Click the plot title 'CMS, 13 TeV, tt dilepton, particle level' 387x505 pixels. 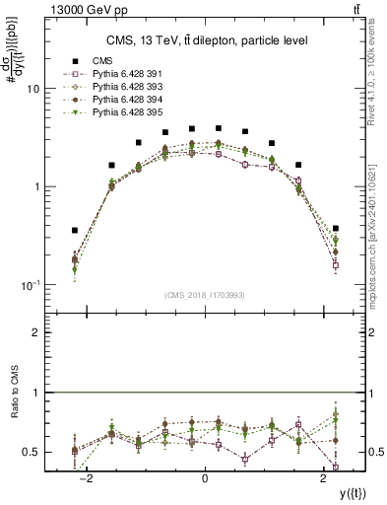tap(204, 40)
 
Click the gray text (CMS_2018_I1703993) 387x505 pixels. tap(204, 295)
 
